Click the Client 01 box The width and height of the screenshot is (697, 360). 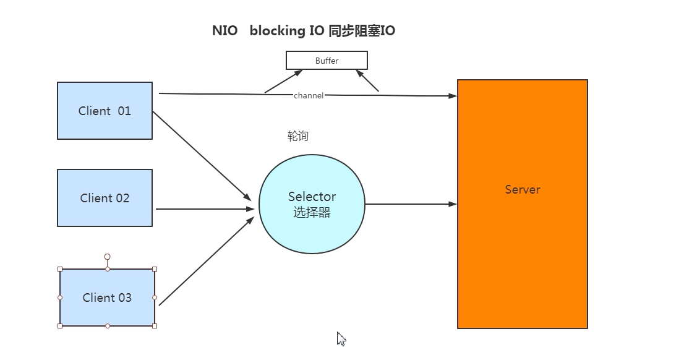coord(105,111)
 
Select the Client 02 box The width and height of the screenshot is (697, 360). coord(105,198)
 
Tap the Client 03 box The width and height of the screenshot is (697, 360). coord(107,298)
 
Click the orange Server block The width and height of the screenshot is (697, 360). coord(522,247)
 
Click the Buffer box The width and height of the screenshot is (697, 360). coord(327,61)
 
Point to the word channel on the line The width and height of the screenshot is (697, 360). coord(308,96)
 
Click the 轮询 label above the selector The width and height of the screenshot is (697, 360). coord(298,136)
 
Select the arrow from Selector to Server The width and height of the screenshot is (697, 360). coord(411,204)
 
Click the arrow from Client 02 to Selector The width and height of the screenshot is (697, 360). coord(204,209)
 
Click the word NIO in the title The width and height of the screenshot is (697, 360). coord(224,31)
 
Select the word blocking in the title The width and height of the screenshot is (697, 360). coord(277,31)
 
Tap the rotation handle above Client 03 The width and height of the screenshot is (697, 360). coord(107,257)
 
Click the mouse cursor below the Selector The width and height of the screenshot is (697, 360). coord(341,338)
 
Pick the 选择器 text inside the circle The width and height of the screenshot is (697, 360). coord(312,213)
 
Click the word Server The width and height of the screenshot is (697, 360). coord(522,190)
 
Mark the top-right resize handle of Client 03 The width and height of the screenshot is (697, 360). coord(155,269)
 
